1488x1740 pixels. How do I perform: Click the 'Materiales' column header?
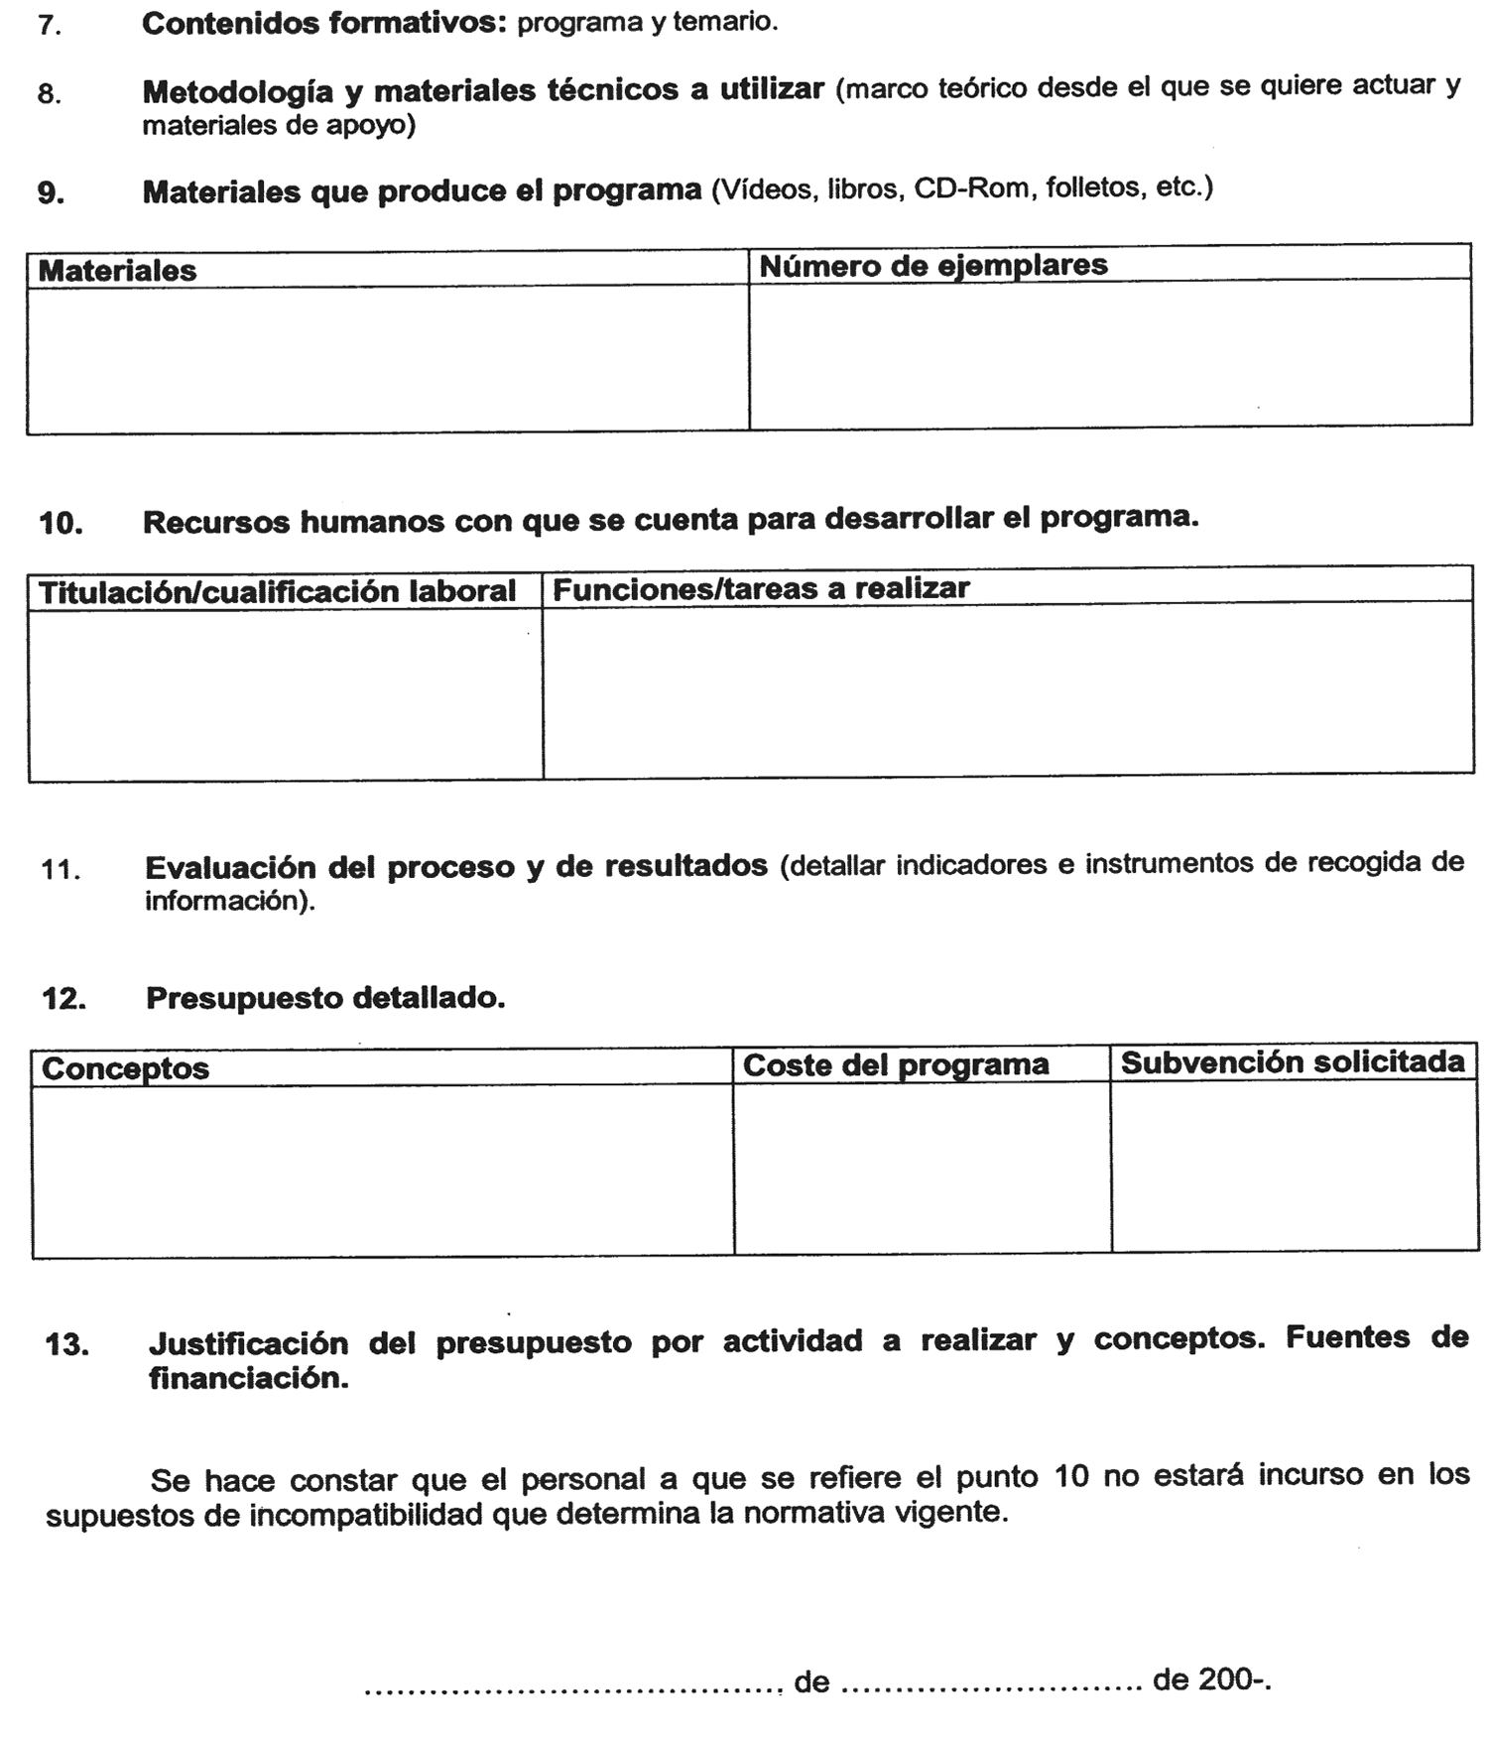click(117, 271)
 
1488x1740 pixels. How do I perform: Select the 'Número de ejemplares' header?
click(932, 265)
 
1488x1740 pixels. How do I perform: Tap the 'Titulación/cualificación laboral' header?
click(277, 592)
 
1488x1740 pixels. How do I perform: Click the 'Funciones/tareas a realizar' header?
click(760, 588)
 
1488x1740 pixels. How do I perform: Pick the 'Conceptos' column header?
click(125, 1068)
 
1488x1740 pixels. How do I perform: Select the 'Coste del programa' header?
click(895, 1065)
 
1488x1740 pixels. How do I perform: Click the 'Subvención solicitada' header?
click(1292, 1062)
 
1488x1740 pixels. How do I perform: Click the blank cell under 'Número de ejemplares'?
click(1109, 353)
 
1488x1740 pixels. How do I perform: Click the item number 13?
click(65, 1346)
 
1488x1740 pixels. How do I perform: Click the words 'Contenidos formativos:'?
click(324, 23)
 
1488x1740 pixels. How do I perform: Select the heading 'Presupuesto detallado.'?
click(325, 998)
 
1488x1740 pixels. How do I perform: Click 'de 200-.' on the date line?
click(1211, 1680)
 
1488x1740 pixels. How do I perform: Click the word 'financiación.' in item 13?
click(248, 1378)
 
